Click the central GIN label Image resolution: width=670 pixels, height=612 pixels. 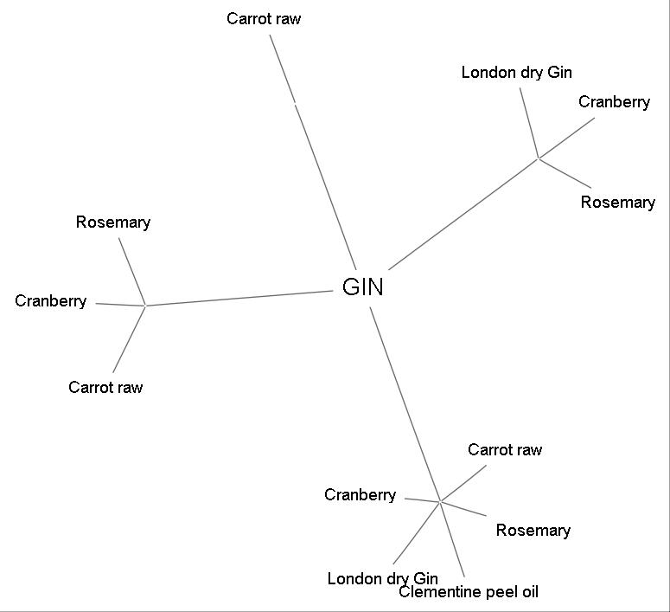coord(363,287)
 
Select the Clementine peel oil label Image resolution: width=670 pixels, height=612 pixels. coord(468,592)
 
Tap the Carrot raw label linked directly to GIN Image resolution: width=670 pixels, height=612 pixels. coord(264,18)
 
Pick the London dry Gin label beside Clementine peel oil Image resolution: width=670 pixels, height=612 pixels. coord(382,578)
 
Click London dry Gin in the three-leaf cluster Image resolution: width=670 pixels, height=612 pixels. coord(516,73)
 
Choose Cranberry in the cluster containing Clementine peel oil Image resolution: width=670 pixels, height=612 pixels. coord(360,495)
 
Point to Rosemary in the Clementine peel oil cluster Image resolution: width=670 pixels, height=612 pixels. coord(533,531)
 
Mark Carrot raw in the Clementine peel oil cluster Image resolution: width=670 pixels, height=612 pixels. coord(505,450)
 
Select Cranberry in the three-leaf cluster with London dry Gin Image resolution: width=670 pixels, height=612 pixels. coord(614,102)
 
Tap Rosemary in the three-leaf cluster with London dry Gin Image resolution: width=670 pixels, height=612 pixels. coord(617,203)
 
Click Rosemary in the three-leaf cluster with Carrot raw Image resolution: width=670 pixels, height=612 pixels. coord(112,222)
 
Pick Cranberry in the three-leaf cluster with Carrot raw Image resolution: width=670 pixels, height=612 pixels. coord(50,301)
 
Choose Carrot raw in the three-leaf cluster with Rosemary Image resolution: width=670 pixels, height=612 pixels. coord(105,387)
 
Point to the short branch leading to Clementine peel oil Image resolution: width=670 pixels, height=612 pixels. coord(453,540)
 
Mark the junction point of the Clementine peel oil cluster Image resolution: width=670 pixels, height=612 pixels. coord(440,501)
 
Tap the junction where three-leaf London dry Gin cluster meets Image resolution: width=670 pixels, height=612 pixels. coord(539,158)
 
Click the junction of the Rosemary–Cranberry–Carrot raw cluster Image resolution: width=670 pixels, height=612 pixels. coord(145,306)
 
